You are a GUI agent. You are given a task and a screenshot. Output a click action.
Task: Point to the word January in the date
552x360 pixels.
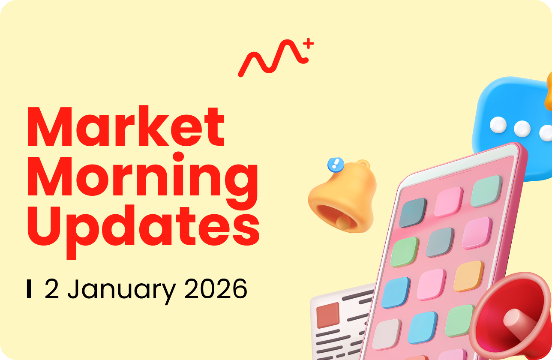coord(121,290)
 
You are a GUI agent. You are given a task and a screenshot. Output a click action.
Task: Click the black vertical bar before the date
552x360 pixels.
coord(29,289)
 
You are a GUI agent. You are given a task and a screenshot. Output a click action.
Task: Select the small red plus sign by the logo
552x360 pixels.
coord(309,43)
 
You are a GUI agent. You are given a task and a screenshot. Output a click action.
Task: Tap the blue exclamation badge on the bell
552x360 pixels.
coord(336,164)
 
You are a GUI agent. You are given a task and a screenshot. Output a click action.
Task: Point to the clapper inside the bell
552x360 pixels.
coord(342,222)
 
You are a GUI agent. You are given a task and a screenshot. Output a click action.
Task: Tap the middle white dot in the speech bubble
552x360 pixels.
coord(522,128)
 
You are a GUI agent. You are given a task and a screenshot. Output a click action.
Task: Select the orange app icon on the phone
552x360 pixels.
coord(468,276)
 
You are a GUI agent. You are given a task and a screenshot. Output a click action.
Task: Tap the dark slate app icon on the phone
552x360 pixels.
coord(413,212)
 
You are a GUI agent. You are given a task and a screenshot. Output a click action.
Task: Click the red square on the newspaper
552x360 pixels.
coord(327,315)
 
